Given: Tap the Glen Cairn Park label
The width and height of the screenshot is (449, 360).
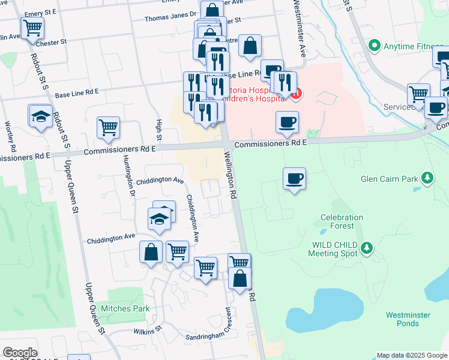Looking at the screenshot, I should (390, 178).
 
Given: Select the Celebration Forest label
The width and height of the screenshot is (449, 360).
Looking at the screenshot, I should (342, 222).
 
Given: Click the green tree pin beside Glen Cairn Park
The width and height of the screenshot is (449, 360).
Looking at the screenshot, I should (427, 178).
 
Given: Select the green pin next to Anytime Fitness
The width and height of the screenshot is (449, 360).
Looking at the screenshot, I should (375, 45).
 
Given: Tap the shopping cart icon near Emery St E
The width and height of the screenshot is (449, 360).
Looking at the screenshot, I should (32, 28).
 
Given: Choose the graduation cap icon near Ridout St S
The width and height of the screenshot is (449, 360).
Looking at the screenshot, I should (40, 116).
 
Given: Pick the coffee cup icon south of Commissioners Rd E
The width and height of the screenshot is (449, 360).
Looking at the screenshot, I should (294, 179).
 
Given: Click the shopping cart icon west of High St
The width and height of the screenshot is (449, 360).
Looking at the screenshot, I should (108, 127).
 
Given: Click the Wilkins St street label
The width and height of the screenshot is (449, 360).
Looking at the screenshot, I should (148, 329).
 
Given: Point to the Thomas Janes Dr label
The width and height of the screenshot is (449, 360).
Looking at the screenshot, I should (170, 17).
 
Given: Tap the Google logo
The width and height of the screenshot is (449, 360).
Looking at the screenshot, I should (20, 353).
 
